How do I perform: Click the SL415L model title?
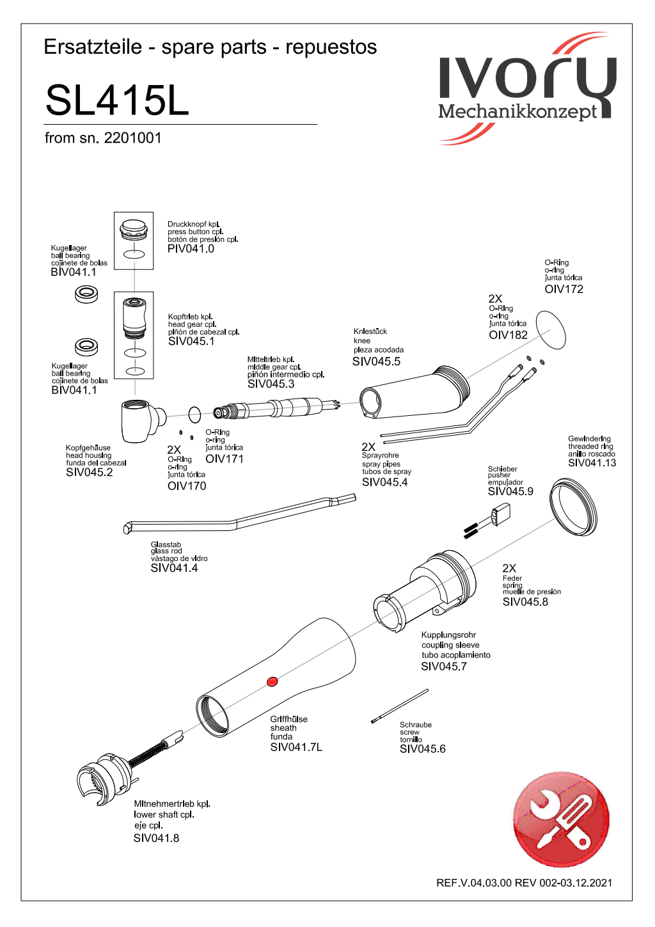tap(117, 100)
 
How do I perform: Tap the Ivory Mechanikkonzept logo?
tap(526, 88)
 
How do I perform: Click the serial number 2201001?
tap(132, 138)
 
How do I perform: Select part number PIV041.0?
tap(191, 249)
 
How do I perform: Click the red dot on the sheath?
tap(272, 681)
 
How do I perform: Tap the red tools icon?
tap(561, 820)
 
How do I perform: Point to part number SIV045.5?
tap(376, 361)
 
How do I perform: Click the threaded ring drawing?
tap(574, 509)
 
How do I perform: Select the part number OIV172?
tap(564, 289)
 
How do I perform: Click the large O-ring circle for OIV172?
tap(551, 329)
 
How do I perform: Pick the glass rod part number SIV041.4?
tap(174, 568)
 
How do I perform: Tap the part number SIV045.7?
tap(443, 667)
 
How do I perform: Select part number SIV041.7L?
tap(296, 747)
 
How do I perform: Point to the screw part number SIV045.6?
tap(422, 749)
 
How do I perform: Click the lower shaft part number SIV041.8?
tap(156, 838)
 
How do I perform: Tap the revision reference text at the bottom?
tap(524, 883)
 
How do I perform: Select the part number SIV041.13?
tap(592, 463)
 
